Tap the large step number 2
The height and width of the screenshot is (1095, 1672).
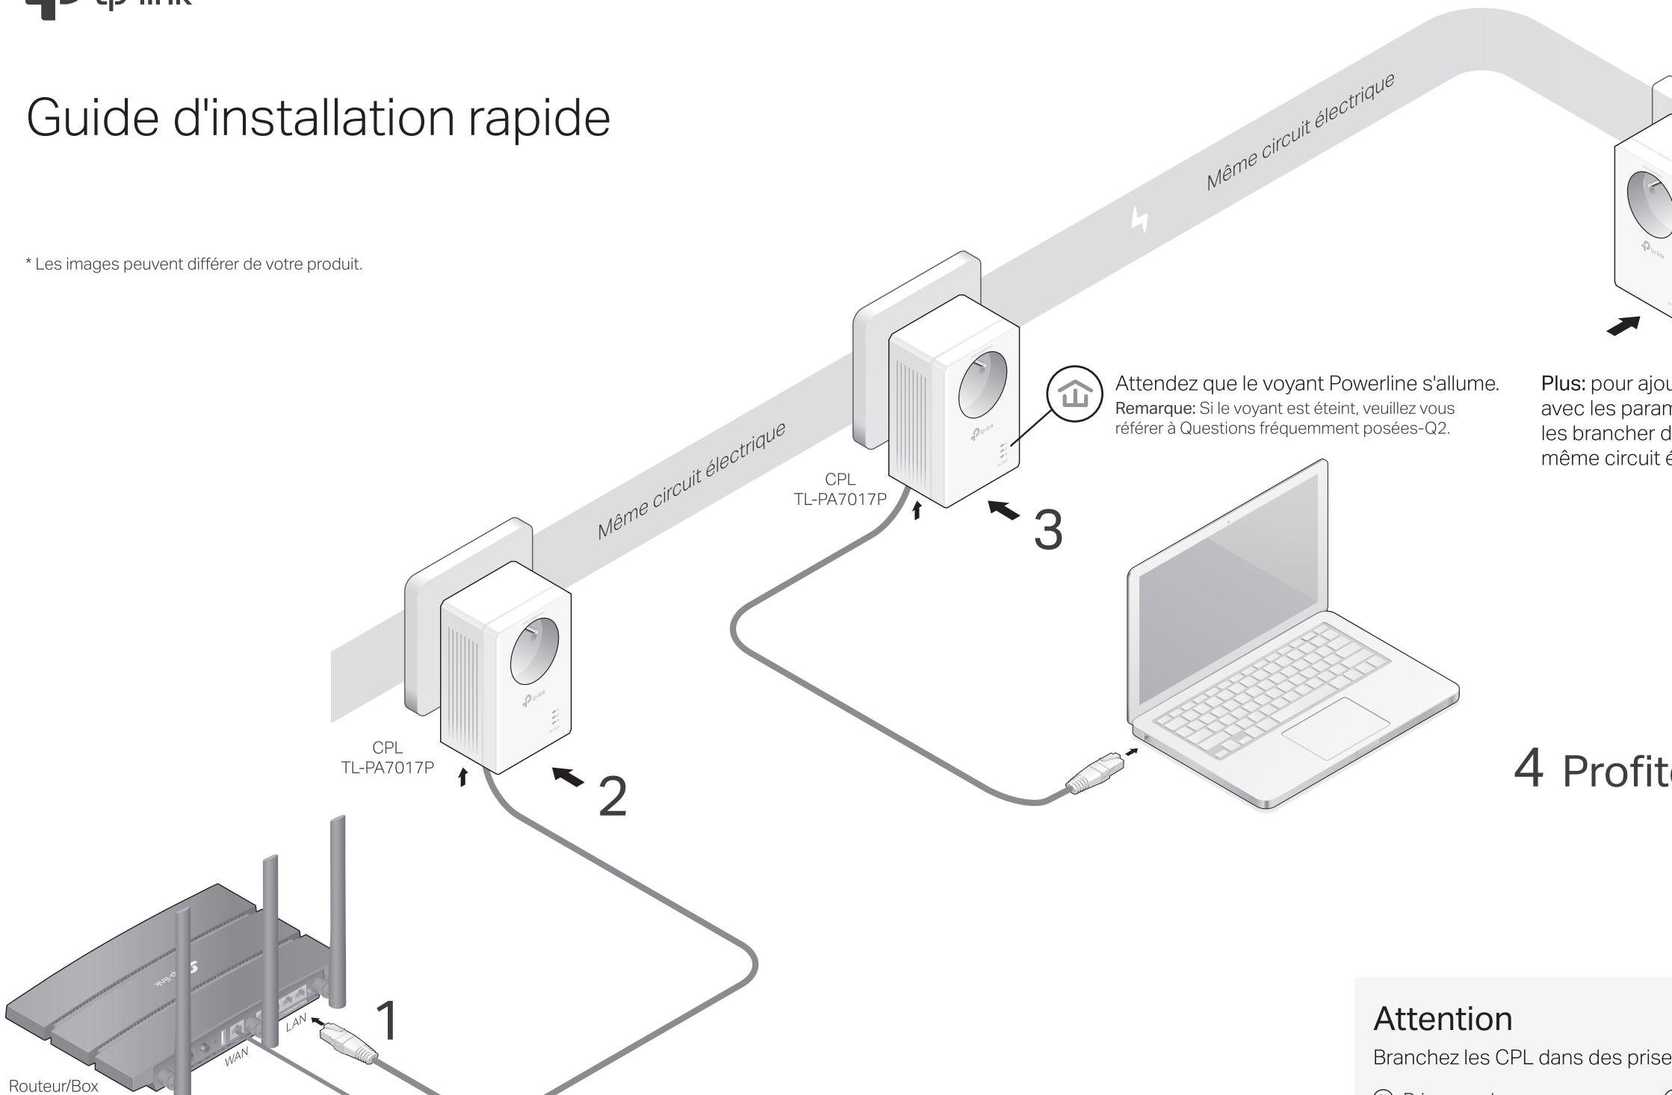613,796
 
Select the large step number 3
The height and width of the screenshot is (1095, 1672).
1047,530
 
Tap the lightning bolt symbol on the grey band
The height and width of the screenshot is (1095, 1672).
1139,220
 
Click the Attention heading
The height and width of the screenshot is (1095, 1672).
1443,1019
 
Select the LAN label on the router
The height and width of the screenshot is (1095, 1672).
296,1023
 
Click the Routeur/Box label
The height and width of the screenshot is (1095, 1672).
53,1086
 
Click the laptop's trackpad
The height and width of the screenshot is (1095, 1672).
1336,726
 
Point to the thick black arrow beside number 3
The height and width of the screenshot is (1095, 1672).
1003,510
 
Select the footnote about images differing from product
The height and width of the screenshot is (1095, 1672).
194,264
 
